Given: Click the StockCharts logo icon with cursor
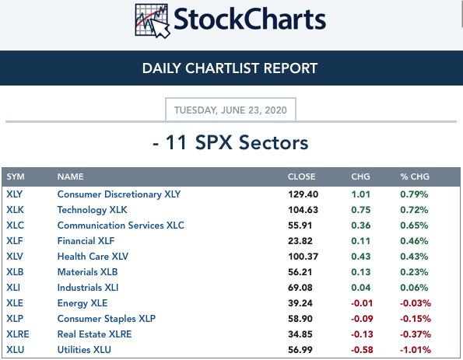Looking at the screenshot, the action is [153, 21].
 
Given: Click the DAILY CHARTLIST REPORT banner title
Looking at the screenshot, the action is [230, 68].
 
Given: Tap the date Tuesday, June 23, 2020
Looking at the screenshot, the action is [230, 110].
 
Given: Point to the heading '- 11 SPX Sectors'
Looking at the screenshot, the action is [230, 142].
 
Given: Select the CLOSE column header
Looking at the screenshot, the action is [301, 177].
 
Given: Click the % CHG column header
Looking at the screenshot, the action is [415, 177].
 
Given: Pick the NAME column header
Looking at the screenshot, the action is [70, 177].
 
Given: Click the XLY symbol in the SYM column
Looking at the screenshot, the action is [15, 194].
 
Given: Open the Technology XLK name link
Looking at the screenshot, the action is [92, 210].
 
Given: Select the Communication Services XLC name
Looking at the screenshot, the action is [121, 225].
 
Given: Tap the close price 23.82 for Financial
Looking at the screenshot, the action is [300, 241].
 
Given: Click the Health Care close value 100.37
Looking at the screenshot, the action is [303, 257].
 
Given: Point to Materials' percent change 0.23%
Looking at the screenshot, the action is [414, 272].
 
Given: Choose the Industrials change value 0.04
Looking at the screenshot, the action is [360, 288].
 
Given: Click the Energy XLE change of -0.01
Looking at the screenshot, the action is [362, 303].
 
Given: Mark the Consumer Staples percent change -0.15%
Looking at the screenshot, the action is [416, 319].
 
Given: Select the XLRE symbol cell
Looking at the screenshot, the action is [18, 334].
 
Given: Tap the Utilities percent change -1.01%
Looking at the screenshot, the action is [416, 350].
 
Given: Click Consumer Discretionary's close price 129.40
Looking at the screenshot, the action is [303, 194].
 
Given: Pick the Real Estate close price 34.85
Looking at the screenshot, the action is [300, 334].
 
